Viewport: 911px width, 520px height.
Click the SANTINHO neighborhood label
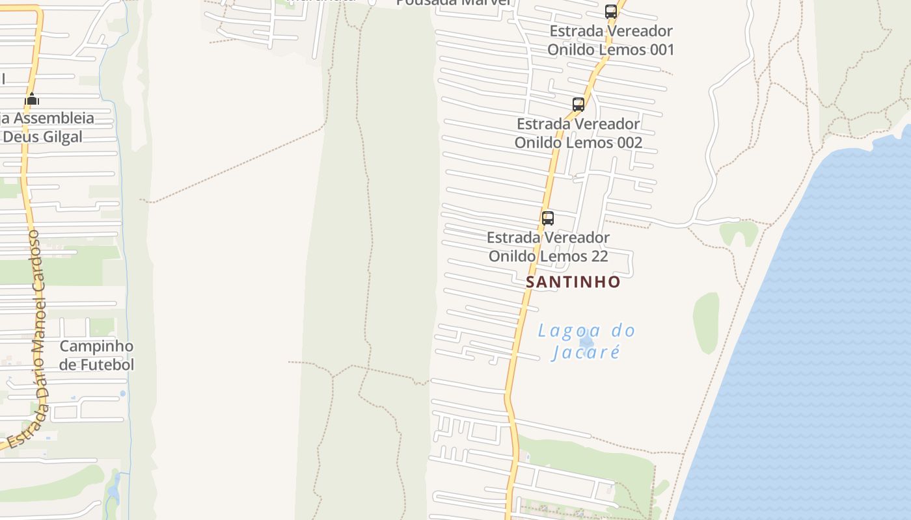(x=573, y=282)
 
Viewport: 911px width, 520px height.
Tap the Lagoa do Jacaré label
(x=586, y=342)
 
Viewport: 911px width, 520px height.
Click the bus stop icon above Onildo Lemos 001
(x=610, y=12)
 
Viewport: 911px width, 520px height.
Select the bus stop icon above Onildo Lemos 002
(x=578, y=105)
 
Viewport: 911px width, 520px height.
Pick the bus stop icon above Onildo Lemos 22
(x=548, y=218)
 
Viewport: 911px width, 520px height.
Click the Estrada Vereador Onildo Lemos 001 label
(x=611, y=40)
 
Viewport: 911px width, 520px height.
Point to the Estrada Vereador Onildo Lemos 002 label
(x=578, y=133)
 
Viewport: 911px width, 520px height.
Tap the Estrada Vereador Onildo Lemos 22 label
(x=549, y=247)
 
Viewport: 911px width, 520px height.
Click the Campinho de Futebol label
(x=96, y=356)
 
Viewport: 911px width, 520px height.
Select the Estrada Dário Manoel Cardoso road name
(x=38, y=338)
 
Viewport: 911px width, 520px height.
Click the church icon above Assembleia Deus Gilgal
(x=32, y=99)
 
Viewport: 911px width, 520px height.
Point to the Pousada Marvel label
(x=454, y=3)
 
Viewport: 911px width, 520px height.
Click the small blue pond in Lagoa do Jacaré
(x=586, y=339)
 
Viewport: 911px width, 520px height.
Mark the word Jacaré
(x=586, y=352)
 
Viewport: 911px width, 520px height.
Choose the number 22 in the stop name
(x=599, y=256)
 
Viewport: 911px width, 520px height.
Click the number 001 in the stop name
(x=657, y=49)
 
